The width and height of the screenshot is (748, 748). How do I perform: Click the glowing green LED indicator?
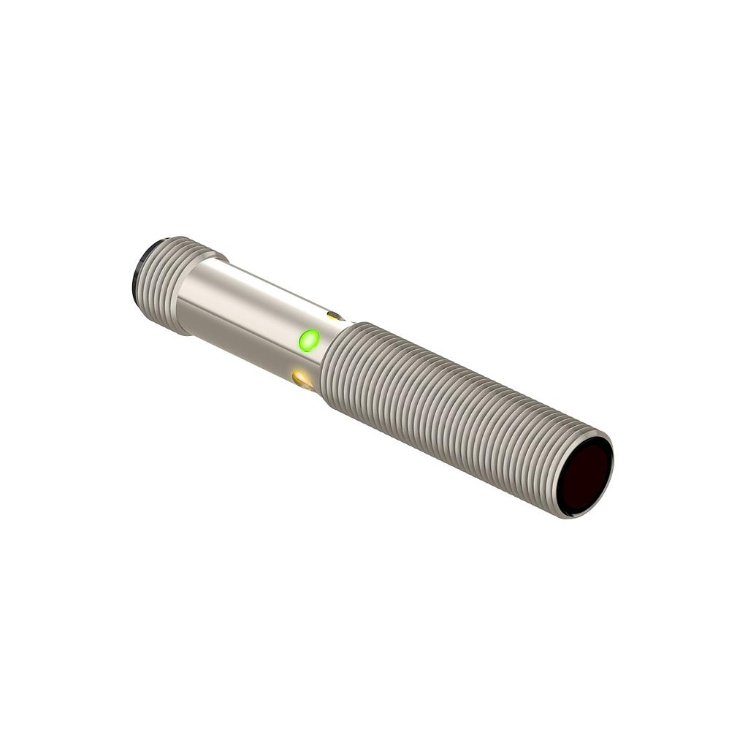[x=309, y=340]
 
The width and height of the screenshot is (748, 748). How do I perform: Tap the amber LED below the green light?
[x=302, y=378]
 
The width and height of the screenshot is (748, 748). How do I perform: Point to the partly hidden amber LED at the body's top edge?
[x=334, y=316]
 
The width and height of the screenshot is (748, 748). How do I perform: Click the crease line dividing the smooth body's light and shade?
[x=241, y=314]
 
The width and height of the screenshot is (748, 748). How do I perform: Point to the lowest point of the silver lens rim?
[x=573, y=518]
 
